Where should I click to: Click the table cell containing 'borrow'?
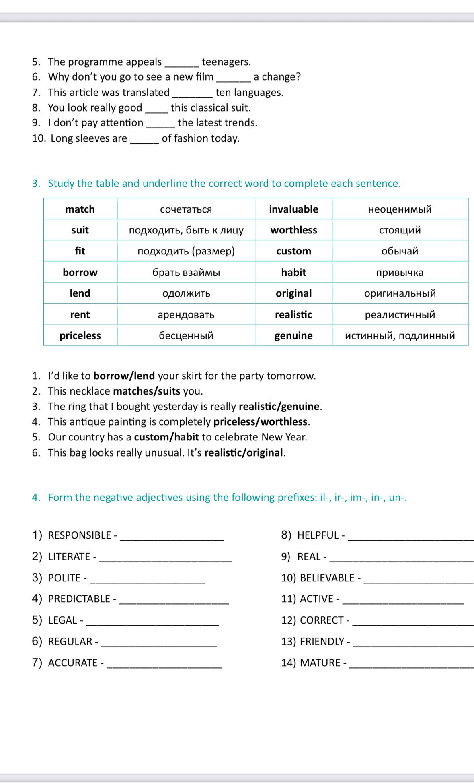(80, 272)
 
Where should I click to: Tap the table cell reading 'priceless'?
(80, 335)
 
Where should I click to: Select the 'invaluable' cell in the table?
(293, 209)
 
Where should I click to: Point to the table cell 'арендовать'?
(186, 314)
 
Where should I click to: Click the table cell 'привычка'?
(400, 272)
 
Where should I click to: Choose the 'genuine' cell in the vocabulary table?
(293, 335)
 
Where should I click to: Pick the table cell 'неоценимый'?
(400, 209)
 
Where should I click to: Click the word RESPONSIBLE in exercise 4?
(79, 535)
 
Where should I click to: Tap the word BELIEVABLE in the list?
(327, 578)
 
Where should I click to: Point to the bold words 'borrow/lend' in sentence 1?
(124, 376)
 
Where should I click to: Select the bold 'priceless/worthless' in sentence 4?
(260, 421)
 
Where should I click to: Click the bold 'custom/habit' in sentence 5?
(166, 437)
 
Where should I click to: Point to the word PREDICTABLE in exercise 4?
(79, 599)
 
